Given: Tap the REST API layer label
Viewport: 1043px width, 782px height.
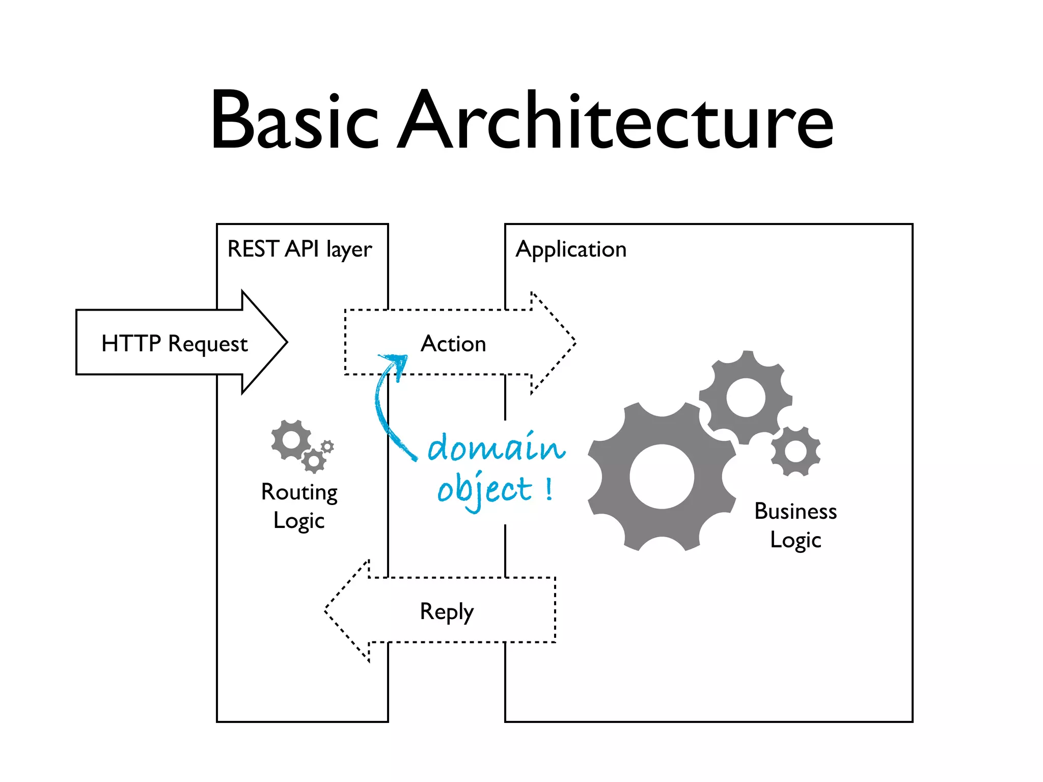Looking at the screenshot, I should [x=299, y=249].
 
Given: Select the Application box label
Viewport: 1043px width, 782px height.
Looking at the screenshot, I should [x=571, y=249].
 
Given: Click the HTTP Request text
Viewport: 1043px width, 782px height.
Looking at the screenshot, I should [x=174, y=344].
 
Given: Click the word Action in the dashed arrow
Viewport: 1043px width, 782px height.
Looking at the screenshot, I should [x=453, y=344].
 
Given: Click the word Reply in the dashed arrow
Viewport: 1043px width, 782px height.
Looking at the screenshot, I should [x=447, y=611].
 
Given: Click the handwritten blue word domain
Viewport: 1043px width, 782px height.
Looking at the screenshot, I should [x=496, y=447].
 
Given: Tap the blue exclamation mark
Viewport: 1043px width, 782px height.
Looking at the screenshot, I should [x=548, y=489].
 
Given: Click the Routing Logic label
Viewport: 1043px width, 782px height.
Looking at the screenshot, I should [x=299, y=506].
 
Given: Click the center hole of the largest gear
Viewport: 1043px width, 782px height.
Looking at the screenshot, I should [x=662, y=477].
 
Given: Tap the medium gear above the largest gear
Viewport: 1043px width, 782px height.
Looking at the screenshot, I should [x=746, y=398].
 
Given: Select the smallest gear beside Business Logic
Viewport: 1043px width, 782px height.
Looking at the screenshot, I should [x=795, y=451].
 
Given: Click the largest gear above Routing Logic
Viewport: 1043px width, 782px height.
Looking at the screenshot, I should [x=291, y=439].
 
